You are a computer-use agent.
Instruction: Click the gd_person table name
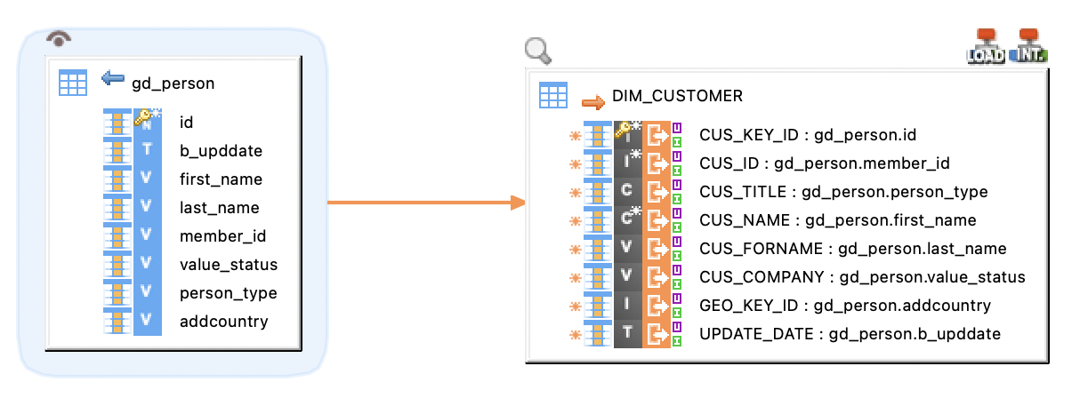[173, 84]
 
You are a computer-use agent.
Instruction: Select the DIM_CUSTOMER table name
[677, 96]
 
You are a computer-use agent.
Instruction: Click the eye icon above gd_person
[59, 38]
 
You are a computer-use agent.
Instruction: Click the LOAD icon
[985, 46]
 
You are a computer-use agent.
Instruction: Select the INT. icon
[1029, 46]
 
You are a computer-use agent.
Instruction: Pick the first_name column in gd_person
[221, 179]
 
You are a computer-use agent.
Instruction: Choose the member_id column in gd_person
[222, 236]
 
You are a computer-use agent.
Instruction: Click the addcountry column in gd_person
[223, 322]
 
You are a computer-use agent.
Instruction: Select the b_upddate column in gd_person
[221, 151]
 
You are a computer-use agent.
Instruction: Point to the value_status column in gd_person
[228, 265]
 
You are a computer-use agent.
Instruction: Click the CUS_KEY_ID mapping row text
[807, 135]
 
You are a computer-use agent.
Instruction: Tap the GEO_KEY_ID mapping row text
[844, 306]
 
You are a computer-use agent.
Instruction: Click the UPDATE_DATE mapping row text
[850, 334]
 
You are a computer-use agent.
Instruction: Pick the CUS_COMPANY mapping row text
[861, 277]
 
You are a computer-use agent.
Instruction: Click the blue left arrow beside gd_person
[113, 80]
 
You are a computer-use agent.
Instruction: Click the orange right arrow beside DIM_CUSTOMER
[592, 100]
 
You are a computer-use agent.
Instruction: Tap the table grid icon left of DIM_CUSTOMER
[553, 95]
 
